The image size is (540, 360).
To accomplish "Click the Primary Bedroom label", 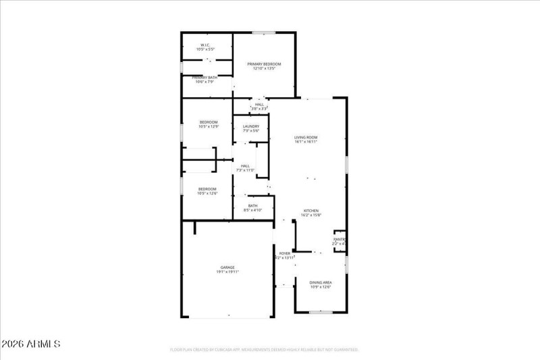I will pos(264,63).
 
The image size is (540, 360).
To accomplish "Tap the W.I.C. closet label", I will pos(205,46).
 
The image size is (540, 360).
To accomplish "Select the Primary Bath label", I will pos(205,78).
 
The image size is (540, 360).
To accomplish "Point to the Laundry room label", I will pos(251,126).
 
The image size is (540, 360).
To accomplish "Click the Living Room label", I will pos(306,137).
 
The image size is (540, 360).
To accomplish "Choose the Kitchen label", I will pos(310,210).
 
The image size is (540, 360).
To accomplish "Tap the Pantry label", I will pos(340,239).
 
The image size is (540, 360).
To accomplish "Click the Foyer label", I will pos(285,253).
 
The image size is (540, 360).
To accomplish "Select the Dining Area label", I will pos(321,282).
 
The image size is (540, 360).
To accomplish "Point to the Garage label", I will pos(227,267).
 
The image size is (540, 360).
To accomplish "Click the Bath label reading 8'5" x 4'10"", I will pos(252,206).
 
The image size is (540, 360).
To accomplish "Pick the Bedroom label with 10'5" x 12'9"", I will pos(208,122).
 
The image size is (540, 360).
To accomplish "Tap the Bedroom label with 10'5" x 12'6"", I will pos(207,188).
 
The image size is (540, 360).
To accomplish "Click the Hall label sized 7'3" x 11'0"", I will pos(245,165).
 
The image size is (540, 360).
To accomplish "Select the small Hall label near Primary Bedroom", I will pos(259,104).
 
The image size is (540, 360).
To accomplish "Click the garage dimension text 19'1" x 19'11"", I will pos(227,272).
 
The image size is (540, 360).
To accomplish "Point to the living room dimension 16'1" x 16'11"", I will pos(306,142).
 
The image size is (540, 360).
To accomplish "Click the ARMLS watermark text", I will pos(32,344).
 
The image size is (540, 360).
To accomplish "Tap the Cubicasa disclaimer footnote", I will pos(263,350).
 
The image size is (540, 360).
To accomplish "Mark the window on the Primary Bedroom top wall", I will pos(263,32).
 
